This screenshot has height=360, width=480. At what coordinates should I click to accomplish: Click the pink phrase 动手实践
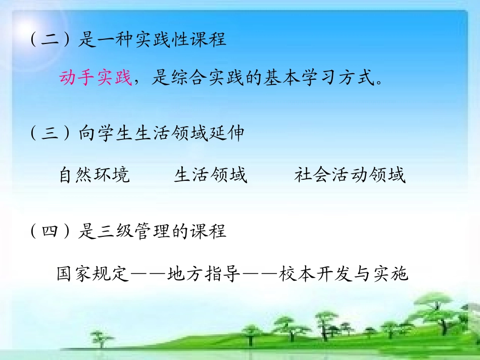(x=95, y=78)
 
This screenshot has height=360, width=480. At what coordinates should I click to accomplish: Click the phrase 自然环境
(x=94, y=175)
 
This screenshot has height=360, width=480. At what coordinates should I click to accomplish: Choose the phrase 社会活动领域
(x=350, y=175)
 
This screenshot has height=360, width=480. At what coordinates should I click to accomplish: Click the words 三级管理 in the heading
(x=133, y=231)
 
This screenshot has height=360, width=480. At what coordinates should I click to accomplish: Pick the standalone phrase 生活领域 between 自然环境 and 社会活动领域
(x=211, y=175)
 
